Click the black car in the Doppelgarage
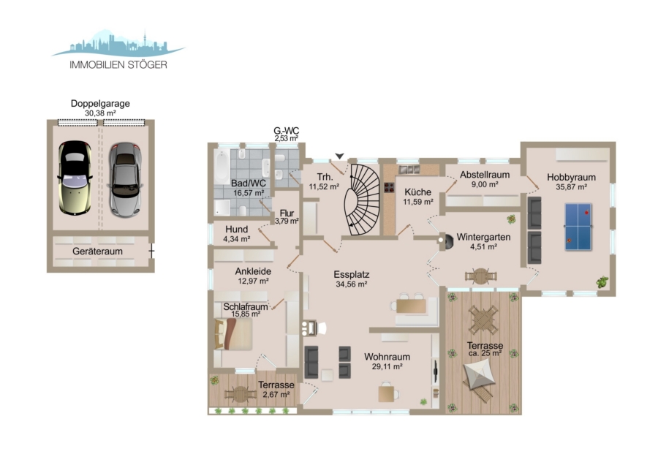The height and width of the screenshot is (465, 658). [x=75, y=178]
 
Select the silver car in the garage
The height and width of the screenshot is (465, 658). [x=125, y=180]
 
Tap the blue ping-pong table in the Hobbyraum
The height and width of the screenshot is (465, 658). [x=578, y=227]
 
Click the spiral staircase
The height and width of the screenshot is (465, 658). [x=362, y=200]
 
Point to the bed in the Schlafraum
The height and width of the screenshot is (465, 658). [x=233, y=334]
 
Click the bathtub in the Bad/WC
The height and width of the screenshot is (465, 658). [x=222, y=167]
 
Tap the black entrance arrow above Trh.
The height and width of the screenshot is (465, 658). [x=339, y=156]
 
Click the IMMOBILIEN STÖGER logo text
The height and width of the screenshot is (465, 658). [x=118, y=64]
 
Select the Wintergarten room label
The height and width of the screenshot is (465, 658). [x=483, y=237]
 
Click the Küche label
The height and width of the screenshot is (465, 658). [x=417, y=192]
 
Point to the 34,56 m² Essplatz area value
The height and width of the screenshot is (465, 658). [x=352, y=284]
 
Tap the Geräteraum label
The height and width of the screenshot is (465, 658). [x=97, y=252]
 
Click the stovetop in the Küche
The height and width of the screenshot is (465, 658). [x=389, y=187]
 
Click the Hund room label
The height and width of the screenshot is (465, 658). [x=237, y=230]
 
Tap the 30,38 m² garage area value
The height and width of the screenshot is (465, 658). [x=100, y=113]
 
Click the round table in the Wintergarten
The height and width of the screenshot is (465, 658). [x=481, y=276]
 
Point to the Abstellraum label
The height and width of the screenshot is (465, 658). [x=485, y=175]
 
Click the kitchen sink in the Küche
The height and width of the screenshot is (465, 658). [x=409, y=169]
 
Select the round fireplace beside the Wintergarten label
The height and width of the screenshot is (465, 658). [x=446, y=241]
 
